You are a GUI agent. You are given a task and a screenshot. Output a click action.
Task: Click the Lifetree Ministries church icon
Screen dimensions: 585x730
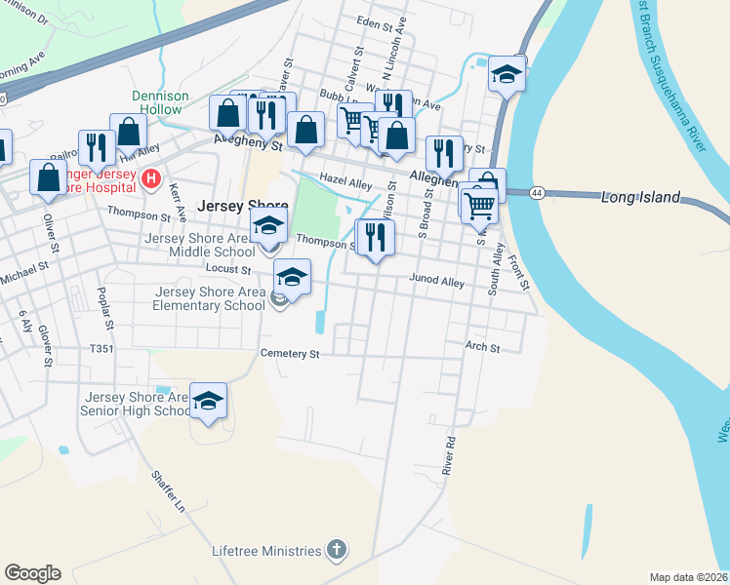tap(337, 551)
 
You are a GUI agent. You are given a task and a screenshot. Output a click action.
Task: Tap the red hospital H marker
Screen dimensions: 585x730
tap(150, 178)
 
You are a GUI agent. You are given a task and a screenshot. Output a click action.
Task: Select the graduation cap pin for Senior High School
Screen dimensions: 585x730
tap(209, 402)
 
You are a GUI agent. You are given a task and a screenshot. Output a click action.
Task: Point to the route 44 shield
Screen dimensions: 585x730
tap(538, 193)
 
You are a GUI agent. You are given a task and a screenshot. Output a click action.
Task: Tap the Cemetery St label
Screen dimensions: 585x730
tap(290, 354)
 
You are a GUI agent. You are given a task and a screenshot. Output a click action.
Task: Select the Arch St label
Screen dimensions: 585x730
tap(482, 347)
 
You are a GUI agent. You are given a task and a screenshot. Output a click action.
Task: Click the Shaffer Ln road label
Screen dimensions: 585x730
tap(167, 491)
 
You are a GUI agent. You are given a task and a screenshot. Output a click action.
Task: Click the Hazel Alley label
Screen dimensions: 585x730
tap(346, 183)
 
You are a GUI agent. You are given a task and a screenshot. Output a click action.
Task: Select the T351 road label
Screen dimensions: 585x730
tap(102, 348)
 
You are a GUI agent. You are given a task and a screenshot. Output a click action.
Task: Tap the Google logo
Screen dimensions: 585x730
tap(32, 573)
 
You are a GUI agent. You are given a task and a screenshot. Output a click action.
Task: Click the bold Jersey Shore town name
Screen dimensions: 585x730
tap(243, 207)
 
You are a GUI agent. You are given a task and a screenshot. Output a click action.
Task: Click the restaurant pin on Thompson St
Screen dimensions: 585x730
tap(376, 237)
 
